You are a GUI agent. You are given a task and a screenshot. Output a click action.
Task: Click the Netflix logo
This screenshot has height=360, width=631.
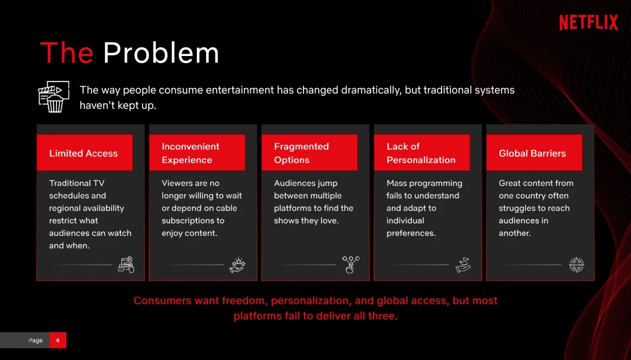[589, 22]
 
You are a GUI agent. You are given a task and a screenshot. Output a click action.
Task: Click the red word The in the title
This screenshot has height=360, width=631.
[67, 53]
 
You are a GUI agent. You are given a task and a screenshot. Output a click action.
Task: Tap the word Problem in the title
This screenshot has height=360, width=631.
[161, 53]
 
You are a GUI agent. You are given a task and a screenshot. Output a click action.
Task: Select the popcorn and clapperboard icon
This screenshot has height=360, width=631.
[54, 97]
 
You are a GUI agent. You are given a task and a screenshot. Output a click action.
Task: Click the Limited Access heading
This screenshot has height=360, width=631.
[83, 153]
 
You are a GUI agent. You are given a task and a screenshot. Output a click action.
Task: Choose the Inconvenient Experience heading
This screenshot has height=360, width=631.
[190, 153]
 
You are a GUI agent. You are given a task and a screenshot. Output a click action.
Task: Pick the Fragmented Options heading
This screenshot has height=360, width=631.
[301, 153]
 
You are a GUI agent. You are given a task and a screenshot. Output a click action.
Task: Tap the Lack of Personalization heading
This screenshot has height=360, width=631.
[421, 153]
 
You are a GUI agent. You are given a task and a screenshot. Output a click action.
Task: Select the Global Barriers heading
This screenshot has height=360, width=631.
[532, 153]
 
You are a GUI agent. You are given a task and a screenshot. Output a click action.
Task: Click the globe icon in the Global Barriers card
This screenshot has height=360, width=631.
[577, 265]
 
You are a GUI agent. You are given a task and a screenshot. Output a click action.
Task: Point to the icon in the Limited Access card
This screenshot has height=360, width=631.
[126, 265]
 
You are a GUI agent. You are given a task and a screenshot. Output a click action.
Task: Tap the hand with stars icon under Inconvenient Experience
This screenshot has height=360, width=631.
[237, 265]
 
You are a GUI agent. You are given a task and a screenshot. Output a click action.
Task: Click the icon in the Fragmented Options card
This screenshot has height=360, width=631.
[350, 265]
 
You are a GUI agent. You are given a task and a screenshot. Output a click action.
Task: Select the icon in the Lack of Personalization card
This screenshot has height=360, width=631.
[463, 265]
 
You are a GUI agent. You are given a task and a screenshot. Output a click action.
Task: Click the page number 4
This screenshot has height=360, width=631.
[58, 340]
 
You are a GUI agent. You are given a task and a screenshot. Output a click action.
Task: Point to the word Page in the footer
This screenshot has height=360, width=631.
[35, 340]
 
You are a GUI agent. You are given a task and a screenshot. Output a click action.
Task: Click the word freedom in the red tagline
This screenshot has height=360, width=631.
[244, 301]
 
